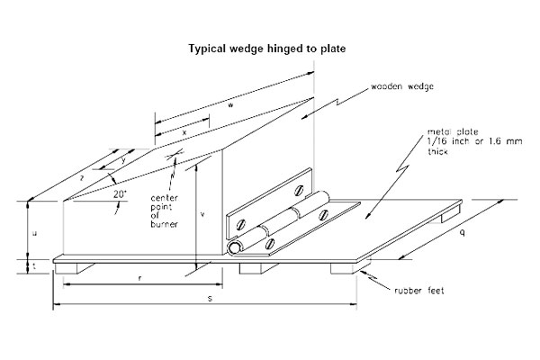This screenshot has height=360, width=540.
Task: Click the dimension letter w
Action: tap(232, 106)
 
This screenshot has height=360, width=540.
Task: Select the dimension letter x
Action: tap(184, 132)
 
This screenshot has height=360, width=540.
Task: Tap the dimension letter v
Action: tap(202, 214)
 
